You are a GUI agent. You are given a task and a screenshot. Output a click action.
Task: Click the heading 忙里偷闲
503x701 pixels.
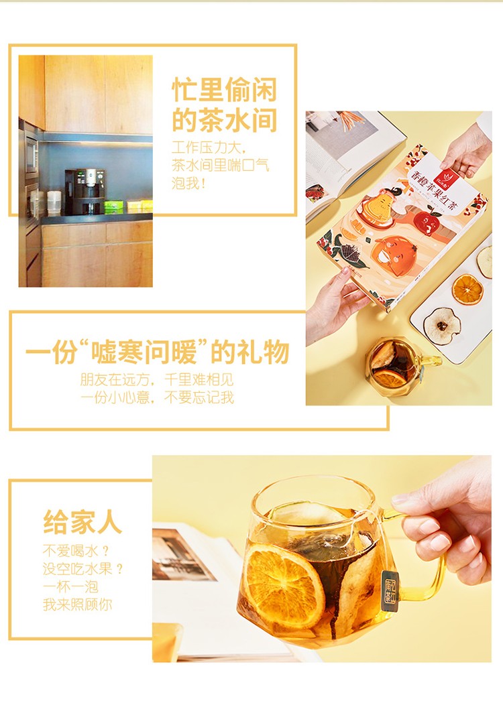click(x=225, y=90)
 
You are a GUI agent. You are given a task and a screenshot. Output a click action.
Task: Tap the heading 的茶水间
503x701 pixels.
click(x=225, y=120)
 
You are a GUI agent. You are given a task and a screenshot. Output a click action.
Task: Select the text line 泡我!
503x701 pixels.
click(x=188, y=182)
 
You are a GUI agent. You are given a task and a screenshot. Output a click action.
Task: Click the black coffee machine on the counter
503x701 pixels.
click(x=85, y=191)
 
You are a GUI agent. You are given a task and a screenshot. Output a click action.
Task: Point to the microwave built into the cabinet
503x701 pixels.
click(x=32, y=155)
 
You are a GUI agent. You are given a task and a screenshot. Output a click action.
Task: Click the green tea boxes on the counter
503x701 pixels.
click(x=113, y=206)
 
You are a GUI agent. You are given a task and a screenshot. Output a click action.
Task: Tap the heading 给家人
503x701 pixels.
click(x=82, y=521)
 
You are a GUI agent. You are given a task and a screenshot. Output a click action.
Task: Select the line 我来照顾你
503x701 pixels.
click(x=77, y=604)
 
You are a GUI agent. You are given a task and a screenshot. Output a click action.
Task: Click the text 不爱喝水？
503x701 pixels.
click(x=76, y=550)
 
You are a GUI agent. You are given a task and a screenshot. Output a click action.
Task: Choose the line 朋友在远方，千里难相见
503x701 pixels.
click(x=157, y=379)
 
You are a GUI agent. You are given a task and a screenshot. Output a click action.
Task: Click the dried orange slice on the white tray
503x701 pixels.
click(x=467, y=290)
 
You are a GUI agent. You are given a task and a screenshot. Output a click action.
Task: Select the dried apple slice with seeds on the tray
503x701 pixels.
click(x=442, y=326)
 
